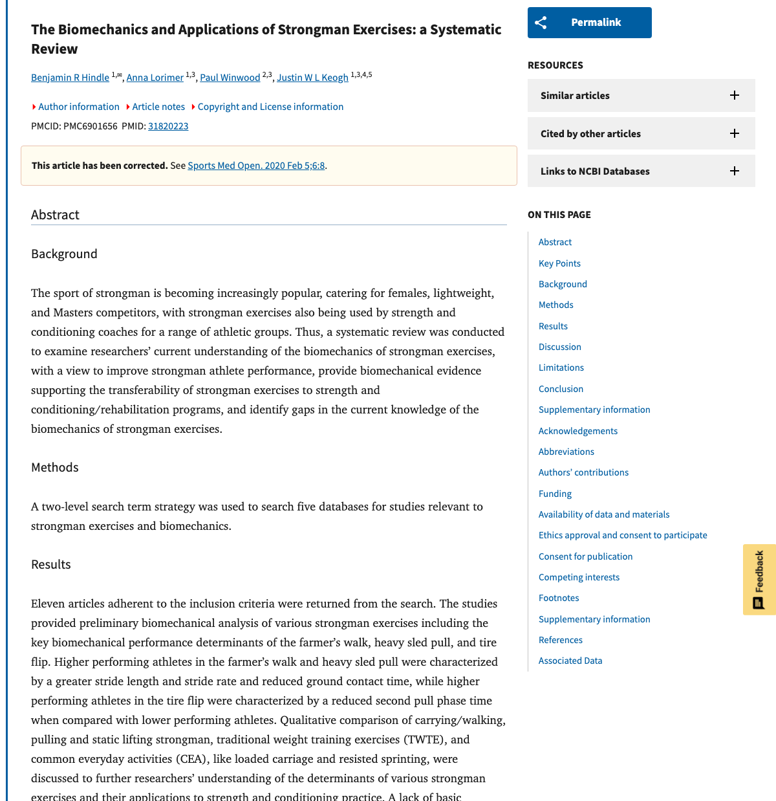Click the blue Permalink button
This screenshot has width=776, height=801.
point(589,23)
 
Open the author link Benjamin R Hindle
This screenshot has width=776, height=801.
point(70,78)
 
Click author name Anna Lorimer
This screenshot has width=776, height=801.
point(155,78)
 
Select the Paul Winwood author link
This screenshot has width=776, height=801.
point(230,78)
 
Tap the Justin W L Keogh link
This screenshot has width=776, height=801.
point(312,78)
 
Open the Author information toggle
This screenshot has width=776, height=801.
point(78,107)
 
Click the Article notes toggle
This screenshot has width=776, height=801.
point(158,107)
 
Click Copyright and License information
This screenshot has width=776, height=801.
point(270,107)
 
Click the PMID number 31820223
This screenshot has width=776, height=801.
point(168,126)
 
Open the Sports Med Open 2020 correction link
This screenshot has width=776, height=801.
point(256,166)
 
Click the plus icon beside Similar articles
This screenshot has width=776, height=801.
point(735,95)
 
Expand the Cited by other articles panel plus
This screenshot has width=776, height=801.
point(735,133)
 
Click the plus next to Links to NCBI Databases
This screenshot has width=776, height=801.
point(735,171)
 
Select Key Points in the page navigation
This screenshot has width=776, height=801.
point(559,263)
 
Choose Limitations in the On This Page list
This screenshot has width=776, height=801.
point(561,368)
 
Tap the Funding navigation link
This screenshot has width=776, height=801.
point(555,494)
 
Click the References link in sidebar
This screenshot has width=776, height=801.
point(560,640)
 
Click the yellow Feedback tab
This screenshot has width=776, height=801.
point(759,579)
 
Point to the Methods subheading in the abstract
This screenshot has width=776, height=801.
point(55,467)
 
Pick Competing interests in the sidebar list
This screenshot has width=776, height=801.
point(579,577)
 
